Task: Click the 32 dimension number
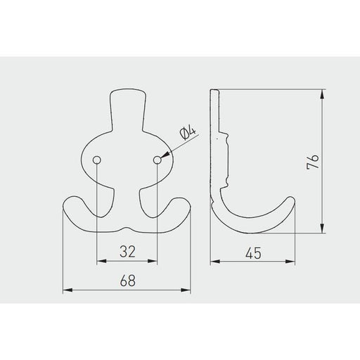pos(127,252)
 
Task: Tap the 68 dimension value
pos(128,281)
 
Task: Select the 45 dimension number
pos(253,253)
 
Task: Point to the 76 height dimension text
pos(313,161)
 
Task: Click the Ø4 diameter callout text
pos(188,134)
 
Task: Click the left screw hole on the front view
pos(97,160)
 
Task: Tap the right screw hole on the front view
pos(157,160)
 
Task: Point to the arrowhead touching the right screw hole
pos(165,155)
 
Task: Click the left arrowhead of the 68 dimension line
pos(67,290)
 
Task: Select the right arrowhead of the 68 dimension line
pos(186,290)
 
